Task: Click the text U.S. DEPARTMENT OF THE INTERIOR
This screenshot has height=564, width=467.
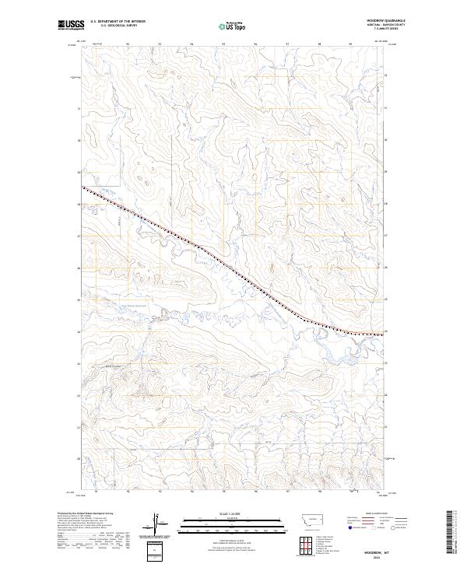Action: pos(118,21)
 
